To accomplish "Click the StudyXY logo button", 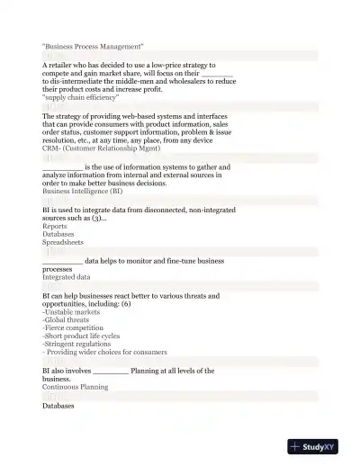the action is pyautogui.click(x=319, y=445).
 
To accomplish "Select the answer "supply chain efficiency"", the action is pyautogui.click(x=86, y=98).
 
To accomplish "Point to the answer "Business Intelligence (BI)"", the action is pyautogui.click(x=82, y=191).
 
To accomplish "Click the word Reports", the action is pyautogui.click(x=55, y=226).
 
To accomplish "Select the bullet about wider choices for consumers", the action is pyautogui.click(x=104, y=353).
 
